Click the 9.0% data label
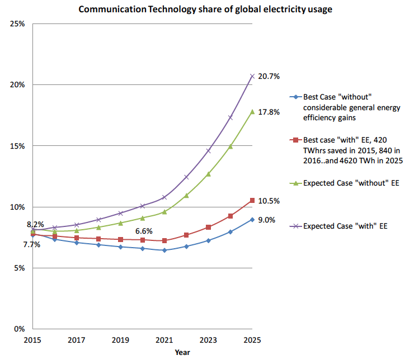(x=267, y=220)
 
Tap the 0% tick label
(x=20, y=329)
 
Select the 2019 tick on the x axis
(x=120, y=340)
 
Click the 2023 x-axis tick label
(x=208, y=340)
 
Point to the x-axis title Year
(x=182, y=352)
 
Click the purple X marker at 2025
(x=252, y=75)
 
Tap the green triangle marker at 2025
(x=252, y=112)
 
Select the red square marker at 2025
(x=252, y=200)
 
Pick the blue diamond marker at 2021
(x=164, y=250)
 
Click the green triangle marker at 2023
(x=208, y=174)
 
